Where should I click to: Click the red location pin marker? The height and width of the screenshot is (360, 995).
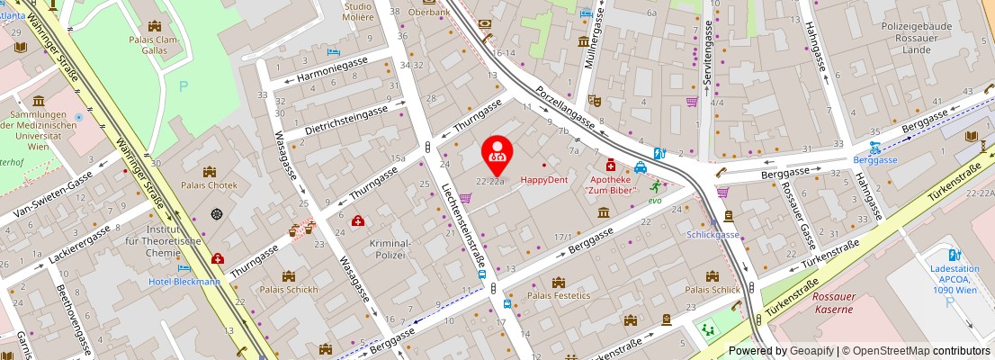pos(497,154)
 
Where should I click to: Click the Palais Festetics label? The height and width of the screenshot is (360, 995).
pos(558,295)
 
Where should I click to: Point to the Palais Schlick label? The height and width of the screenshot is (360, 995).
pos(712,290)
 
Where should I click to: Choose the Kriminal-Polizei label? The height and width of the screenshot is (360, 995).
pos(390,249)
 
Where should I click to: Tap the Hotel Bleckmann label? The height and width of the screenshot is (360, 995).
pos(184,281)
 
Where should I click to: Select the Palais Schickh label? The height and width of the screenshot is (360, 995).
pos(288,290)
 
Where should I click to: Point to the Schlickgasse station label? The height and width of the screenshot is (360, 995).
pos(713,234)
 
